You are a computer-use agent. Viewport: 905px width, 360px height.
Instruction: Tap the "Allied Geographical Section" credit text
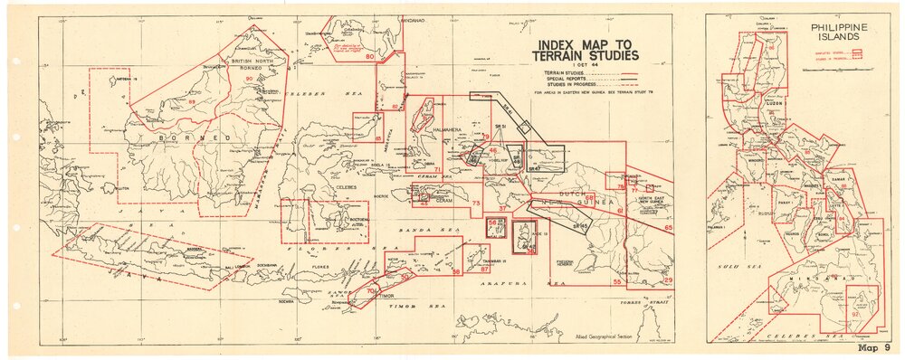click(600, 336)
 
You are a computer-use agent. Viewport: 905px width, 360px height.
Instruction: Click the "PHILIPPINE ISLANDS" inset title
click(841, 33)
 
